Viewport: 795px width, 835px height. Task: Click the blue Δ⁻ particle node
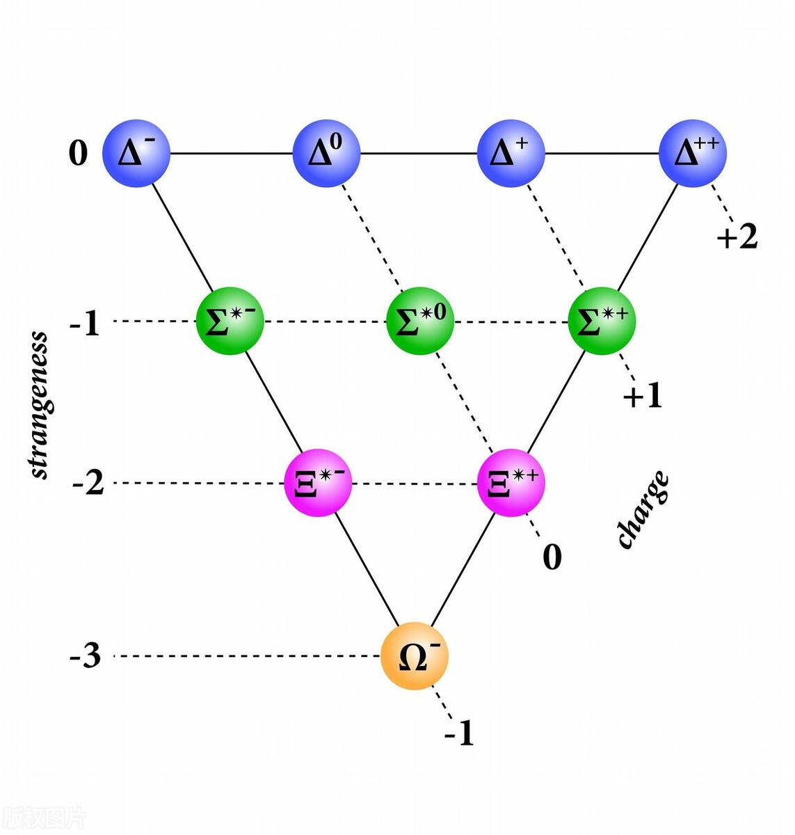(136, 153)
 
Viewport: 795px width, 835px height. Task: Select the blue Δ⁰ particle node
(326, 153)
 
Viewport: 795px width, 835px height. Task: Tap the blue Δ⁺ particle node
(511, 153)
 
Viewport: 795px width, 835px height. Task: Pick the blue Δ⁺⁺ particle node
(693, 153)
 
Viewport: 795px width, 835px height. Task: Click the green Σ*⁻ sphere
(230, 321)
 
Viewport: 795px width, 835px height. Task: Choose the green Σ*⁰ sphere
(420, 321)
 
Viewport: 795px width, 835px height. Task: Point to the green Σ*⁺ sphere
(602, 321)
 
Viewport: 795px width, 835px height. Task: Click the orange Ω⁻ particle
(415, 657)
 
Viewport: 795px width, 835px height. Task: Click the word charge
(644, 509)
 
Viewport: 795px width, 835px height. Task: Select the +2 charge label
(737, 237)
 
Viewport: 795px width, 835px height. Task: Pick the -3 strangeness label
(86, 656)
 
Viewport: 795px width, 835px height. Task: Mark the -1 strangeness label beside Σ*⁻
(86, 324)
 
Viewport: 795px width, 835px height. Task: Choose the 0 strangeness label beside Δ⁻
(79, 152)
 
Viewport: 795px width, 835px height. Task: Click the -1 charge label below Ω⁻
(460, 733)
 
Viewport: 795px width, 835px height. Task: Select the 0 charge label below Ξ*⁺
(552, 557)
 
